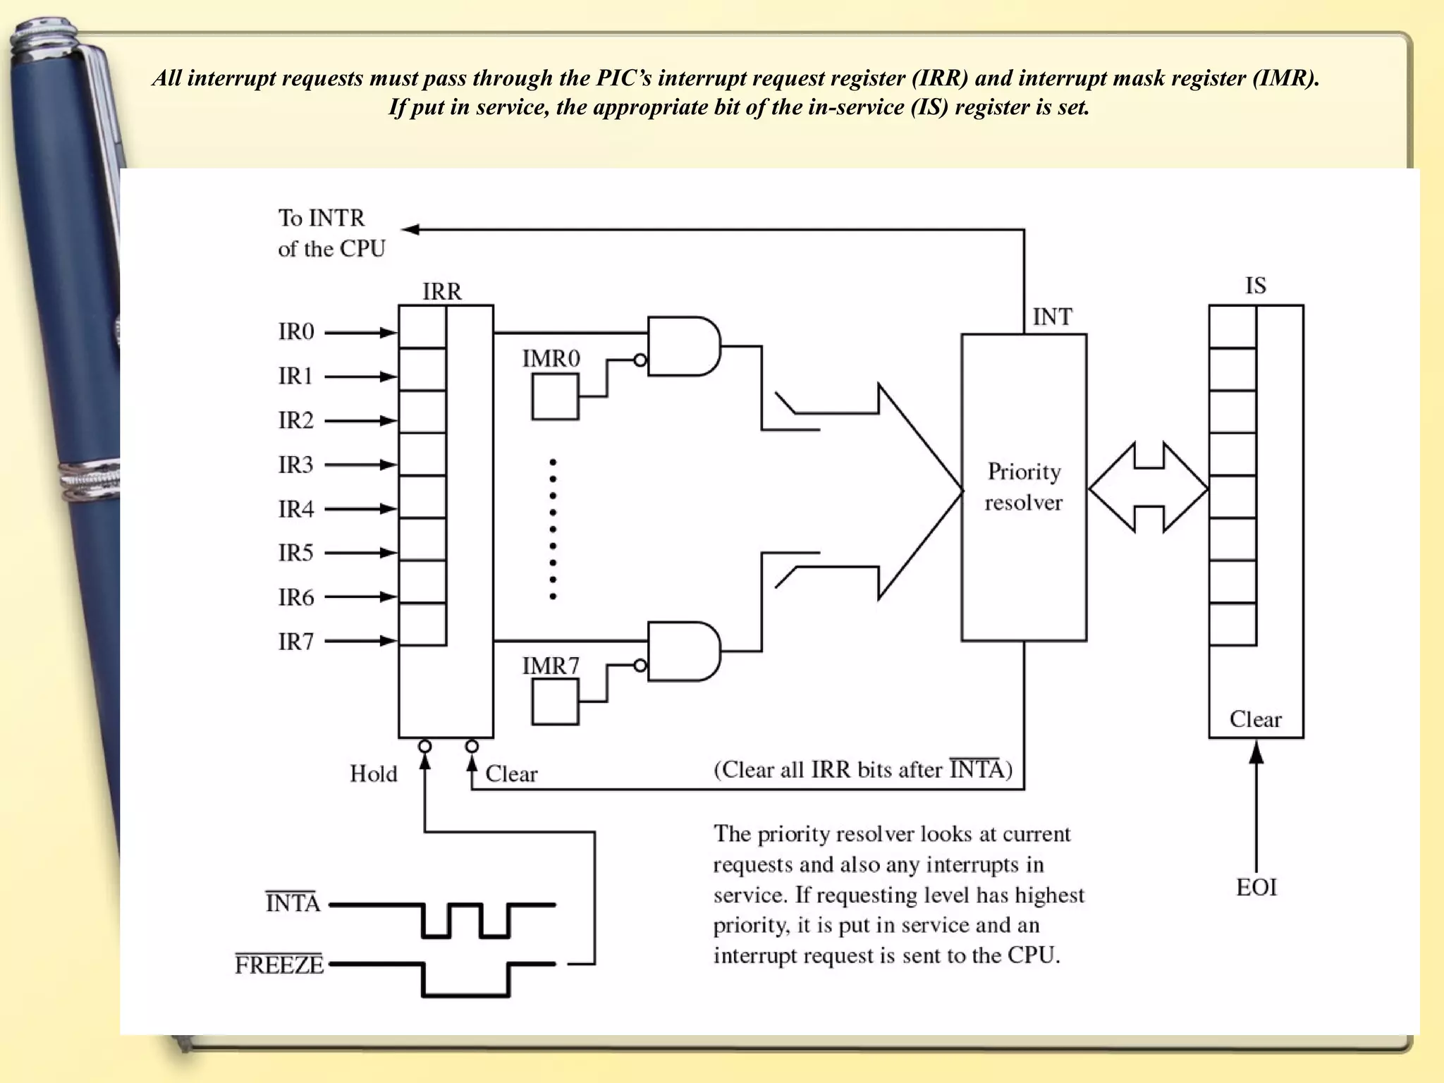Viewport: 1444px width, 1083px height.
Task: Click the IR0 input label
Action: (x=295, y=332)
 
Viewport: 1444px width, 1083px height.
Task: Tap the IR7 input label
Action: (x=295, y=642)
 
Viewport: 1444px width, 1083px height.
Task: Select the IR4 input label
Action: (x=295, y=509)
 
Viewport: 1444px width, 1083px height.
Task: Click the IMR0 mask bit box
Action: (x=555, y=397)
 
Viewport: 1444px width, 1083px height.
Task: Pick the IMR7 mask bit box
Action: (x=555, y=702)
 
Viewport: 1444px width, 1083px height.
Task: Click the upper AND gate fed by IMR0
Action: (x=683, y=346)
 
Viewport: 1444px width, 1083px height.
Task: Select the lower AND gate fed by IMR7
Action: (x=683, y=651)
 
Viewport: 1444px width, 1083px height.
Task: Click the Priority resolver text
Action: (x=1024, y=487)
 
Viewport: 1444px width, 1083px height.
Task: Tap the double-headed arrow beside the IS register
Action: (x=1148, y=487)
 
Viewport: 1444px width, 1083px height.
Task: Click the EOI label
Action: (x=1256, y=888)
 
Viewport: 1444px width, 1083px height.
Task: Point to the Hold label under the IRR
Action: (x=373, y=774)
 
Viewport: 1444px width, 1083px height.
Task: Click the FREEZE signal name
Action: (x=279, y=965)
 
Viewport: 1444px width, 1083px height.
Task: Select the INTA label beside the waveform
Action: (x=293, y=903)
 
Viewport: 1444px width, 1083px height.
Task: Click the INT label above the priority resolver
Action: (x=1052, y=317)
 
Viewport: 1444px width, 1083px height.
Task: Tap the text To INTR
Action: (x=322, y=218)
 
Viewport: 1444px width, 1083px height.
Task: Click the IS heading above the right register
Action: (x=1255, y=286)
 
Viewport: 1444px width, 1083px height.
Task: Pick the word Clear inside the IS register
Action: (x=1255, y=719)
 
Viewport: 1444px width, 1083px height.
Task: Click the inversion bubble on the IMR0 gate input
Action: (x=640, y=360)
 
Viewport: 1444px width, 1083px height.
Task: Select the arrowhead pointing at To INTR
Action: (x=410, y=229)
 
